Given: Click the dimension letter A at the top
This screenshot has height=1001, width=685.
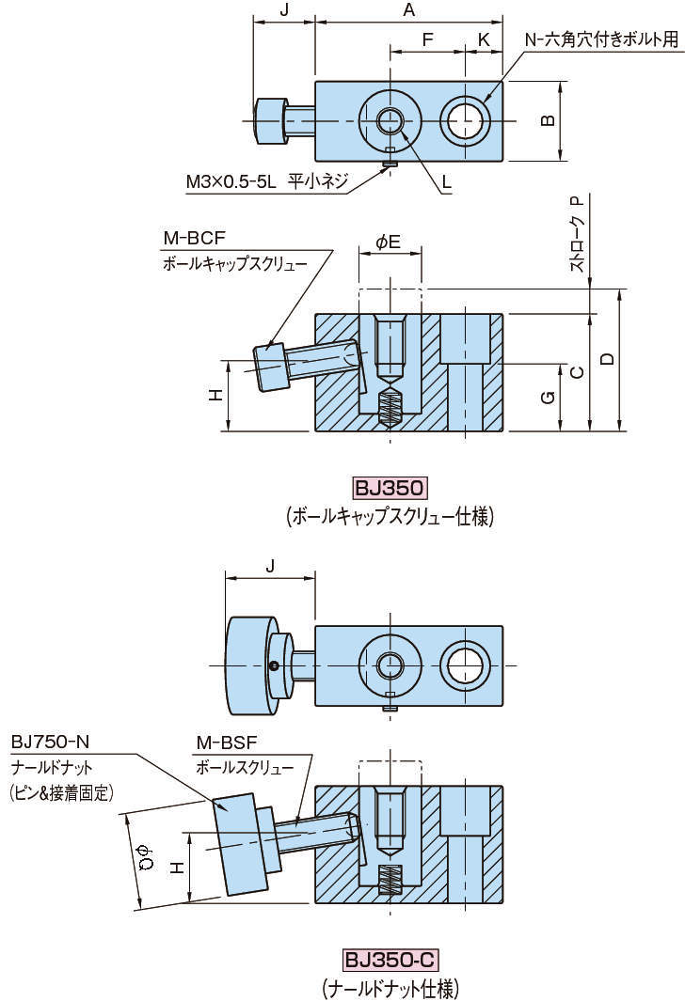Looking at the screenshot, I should click(408, 9).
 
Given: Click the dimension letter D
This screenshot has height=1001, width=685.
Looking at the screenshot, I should click(607, 358).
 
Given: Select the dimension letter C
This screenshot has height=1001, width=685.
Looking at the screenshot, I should click(577, 372).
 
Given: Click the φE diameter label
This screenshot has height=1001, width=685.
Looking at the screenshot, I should click(388, 242).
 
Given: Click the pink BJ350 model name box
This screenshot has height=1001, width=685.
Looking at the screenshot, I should click(390, 488).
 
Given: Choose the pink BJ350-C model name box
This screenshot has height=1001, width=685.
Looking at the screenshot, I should click(390, 960).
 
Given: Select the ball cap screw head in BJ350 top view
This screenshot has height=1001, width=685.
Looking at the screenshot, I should click(270, 121).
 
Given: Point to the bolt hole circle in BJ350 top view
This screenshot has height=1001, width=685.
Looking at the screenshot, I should click(466, 120).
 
